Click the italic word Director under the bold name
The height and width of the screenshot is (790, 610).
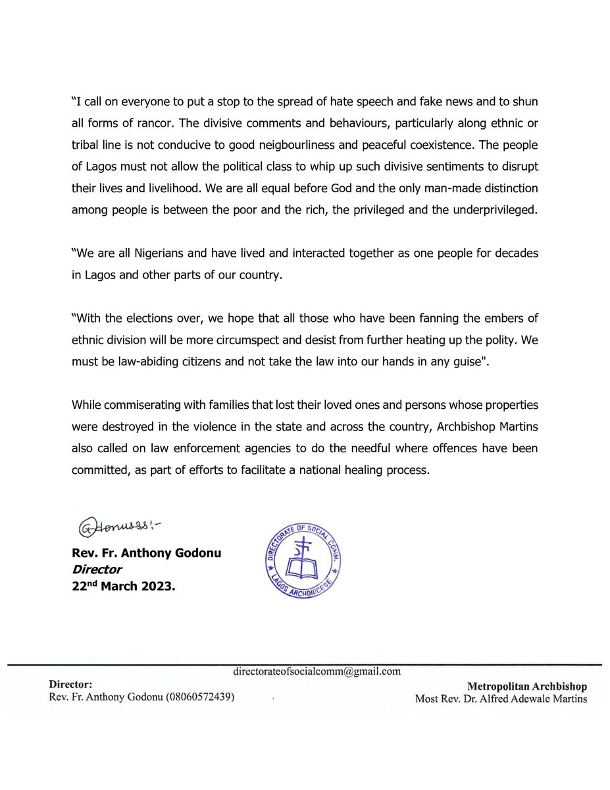(97, 569)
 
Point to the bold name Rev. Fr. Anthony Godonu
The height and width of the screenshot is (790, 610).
(147, 553)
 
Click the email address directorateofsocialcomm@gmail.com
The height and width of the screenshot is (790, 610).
(317, 671)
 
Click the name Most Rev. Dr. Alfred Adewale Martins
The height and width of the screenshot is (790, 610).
(501, 698)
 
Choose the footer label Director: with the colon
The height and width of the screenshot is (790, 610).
(66, 685)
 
